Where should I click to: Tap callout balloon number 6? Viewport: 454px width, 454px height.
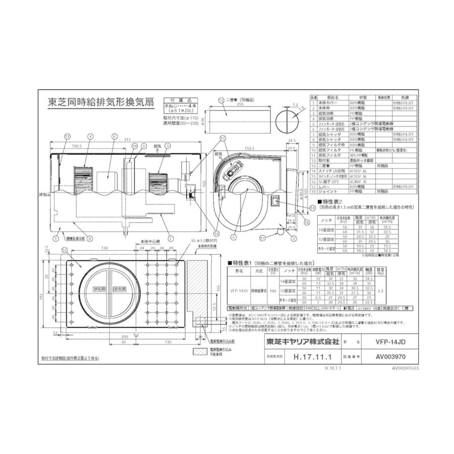point(115,136)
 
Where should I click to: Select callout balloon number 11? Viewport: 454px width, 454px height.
point(67,136)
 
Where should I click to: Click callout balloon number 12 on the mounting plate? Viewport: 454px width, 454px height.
point(64,250)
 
